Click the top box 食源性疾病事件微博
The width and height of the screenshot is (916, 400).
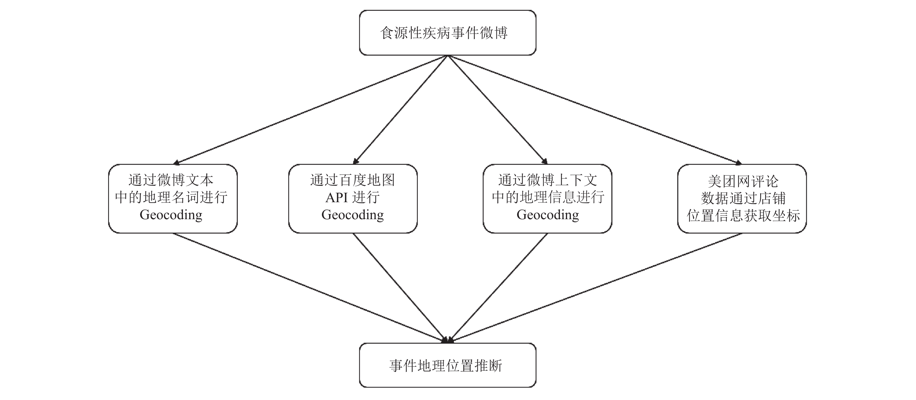point(447,33)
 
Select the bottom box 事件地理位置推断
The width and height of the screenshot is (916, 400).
point(447,365)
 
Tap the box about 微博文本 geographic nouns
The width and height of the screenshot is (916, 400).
point(173,199)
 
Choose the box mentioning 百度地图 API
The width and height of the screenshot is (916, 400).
point(353,199)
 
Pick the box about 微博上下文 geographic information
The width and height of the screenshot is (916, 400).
point(547,199)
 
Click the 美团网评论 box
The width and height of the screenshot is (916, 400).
point(742,199)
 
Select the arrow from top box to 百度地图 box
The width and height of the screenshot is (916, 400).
point(401,110)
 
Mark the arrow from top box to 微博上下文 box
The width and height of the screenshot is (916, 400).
point(497,110)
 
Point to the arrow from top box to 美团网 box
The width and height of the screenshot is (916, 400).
point(595,110)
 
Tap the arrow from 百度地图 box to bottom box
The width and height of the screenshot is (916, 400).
point(400,288)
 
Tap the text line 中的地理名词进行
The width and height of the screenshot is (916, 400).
point(171,197)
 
